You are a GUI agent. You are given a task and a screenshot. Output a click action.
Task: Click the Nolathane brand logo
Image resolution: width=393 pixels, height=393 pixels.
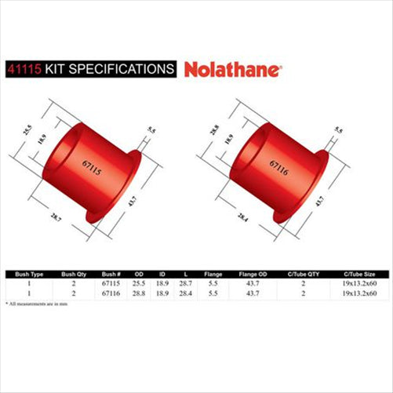click(234, 69)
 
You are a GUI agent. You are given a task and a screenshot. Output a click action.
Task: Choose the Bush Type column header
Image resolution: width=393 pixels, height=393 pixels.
click(27, 274)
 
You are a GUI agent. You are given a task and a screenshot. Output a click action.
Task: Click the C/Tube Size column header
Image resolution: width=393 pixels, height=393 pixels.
click(363, 274)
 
